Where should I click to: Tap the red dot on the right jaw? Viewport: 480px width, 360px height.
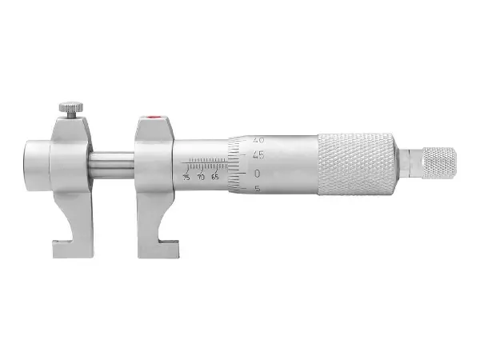tap(151, 117)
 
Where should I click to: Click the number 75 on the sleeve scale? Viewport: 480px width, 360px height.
tap(186, 177)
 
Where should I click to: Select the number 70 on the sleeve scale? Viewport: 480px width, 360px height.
tap(201, 177)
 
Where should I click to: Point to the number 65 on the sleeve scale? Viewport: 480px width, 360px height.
tap(215, 177)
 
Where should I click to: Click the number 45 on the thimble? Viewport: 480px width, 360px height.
tap(258, 155)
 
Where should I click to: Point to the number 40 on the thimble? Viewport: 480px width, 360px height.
tap(258, 140)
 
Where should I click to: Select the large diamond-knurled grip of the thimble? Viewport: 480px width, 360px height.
tap(357, 163)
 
